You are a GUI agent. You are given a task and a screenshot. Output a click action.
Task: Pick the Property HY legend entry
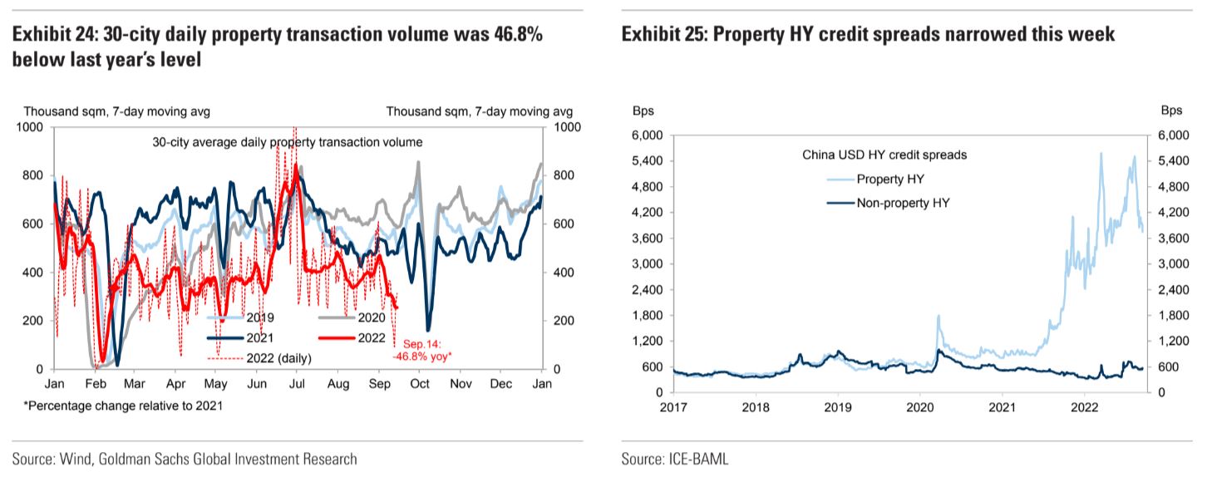[889, 179]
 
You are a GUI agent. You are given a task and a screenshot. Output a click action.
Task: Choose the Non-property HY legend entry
[903, 201]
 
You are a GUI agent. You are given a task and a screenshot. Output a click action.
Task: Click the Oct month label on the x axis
[419, 386]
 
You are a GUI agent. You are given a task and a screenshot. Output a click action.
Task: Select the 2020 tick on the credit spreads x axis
[919, 409]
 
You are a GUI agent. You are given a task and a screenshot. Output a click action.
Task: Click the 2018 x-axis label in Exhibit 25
[756, 409]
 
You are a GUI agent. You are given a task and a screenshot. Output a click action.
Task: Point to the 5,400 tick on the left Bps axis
[648, 160]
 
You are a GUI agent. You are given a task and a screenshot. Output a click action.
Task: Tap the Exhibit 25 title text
[868, 34]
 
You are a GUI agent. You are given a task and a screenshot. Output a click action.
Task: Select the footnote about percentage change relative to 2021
[123, 406]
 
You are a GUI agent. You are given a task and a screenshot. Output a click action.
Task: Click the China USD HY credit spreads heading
[884, 155]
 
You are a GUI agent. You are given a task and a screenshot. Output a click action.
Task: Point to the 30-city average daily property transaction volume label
[288, 142]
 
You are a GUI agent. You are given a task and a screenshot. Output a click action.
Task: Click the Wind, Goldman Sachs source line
[185, 459]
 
